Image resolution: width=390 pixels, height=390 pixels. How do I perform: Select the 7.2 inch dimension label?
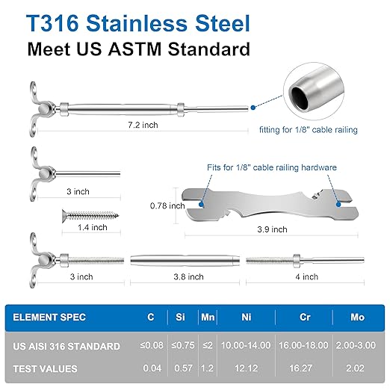pyautogui.click(x=142, y=125)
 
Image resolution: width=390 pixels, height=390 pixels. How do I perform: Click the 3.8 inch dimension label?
pyautogui.click(x=188, y=276)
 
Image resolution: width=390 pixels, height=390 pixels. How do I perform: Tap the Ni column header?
pyautogui.click(x=247, y=317)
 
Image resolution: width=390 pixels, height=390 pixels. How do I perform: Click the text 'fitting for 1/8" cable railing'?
pyautogui.click(x=309, y=130)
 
